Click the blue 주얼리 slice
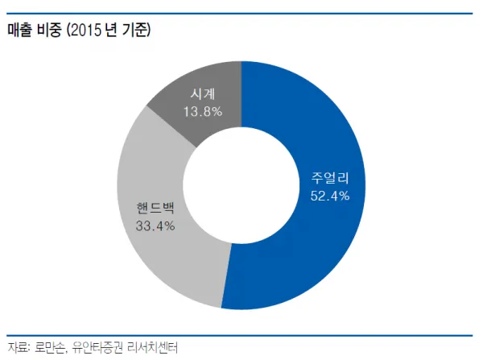point(322,242)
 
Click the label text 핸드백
point(156,206)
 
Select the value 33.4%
point(156,225)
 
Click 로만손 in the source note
point(49,348)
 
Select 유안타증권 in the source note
point(99,348)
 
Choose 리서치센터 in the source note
point(154,348)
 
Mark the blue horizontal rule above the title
point(242,14)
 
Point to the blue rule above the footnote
point(242,334)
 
